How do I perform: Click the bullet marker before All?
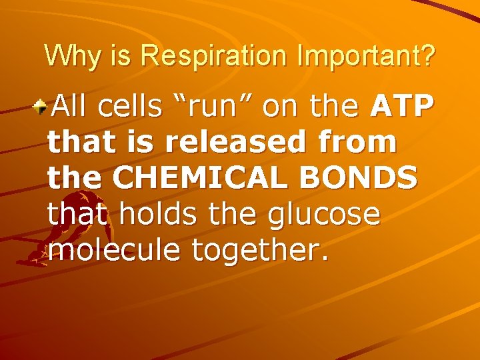click(42, 104)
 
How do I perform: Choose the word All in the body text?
click(73, 106)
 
